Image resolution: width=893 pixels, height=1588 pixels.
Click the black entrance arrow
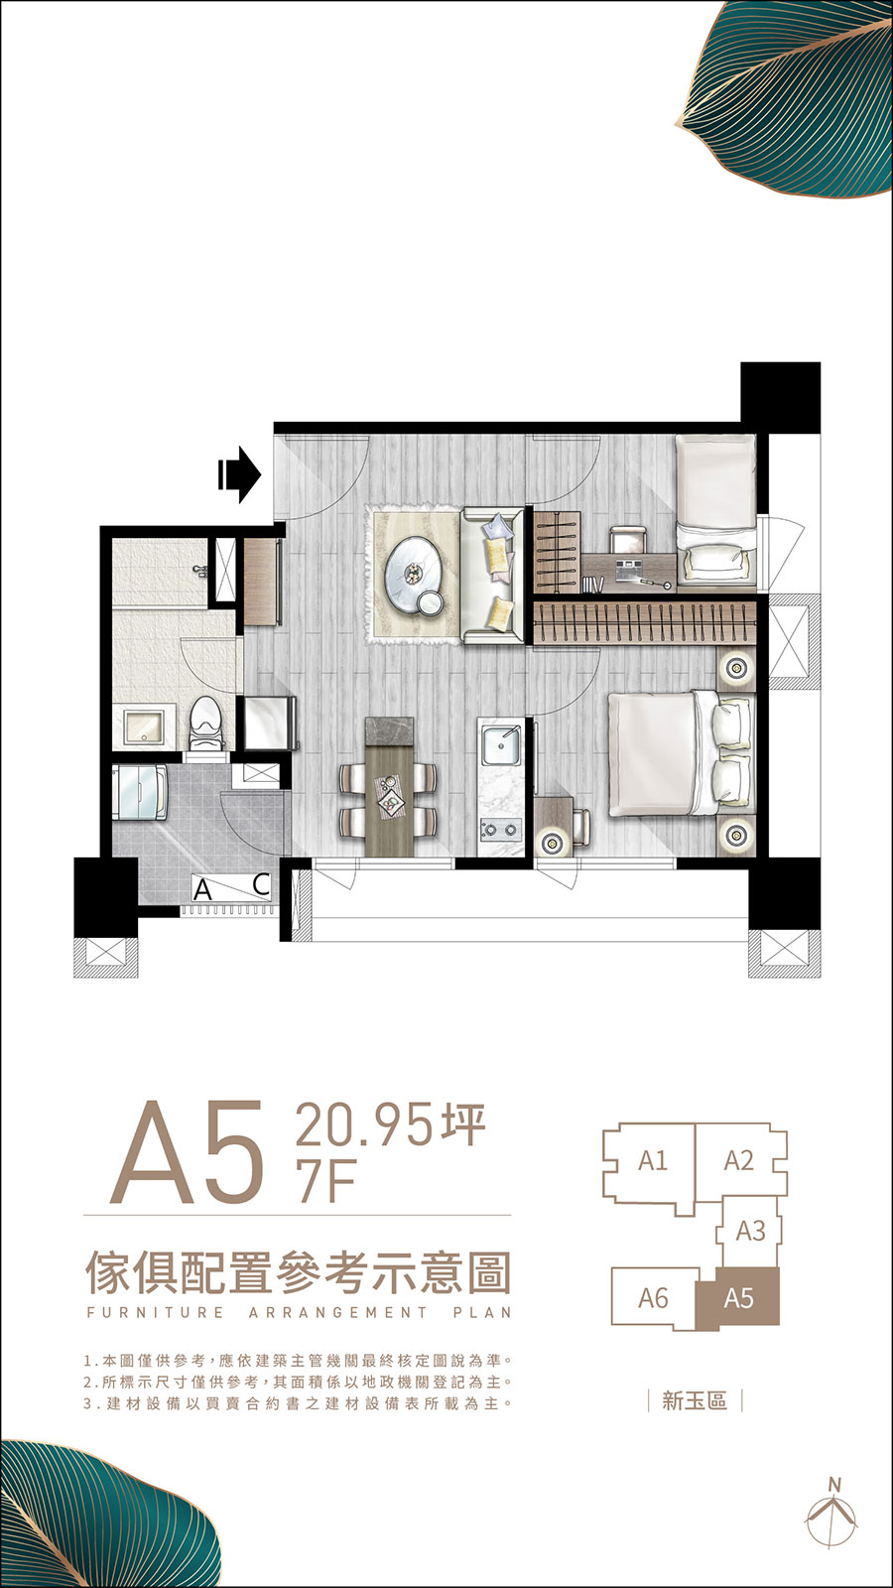[x=239, y=474]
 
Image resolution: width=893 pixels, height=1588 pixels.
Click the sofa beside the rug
[x=492, y=577]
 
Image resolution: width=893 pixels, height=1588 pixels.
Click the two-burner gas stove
[x=501, y=828]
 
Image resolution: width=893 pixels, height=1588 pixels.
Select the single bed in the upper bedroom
[x=715, y=508]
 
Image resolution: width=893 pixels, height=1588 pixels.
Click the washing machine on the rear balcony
[x=140, y=791]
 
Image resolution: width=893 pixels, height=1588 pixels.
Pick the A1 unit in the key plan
[x=652, y=1161]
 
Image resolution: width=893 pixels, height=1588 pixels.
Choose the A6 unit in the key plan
[x=654, y=1299]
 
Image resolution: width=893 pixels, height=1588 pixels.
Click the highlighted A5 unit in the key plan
[x=738, y=1298]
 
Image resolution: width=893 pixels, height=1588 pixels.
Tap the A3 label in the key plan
[x=750, y=1231]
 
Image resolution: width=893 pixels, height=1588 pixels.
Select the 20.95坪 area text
[x=391, y=1125]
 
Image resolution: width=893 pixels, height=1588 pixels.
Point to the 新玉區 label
[x=695, y=1400]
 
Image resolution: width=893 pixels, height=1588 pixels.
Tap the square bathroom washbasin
[x=145, y=727]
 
